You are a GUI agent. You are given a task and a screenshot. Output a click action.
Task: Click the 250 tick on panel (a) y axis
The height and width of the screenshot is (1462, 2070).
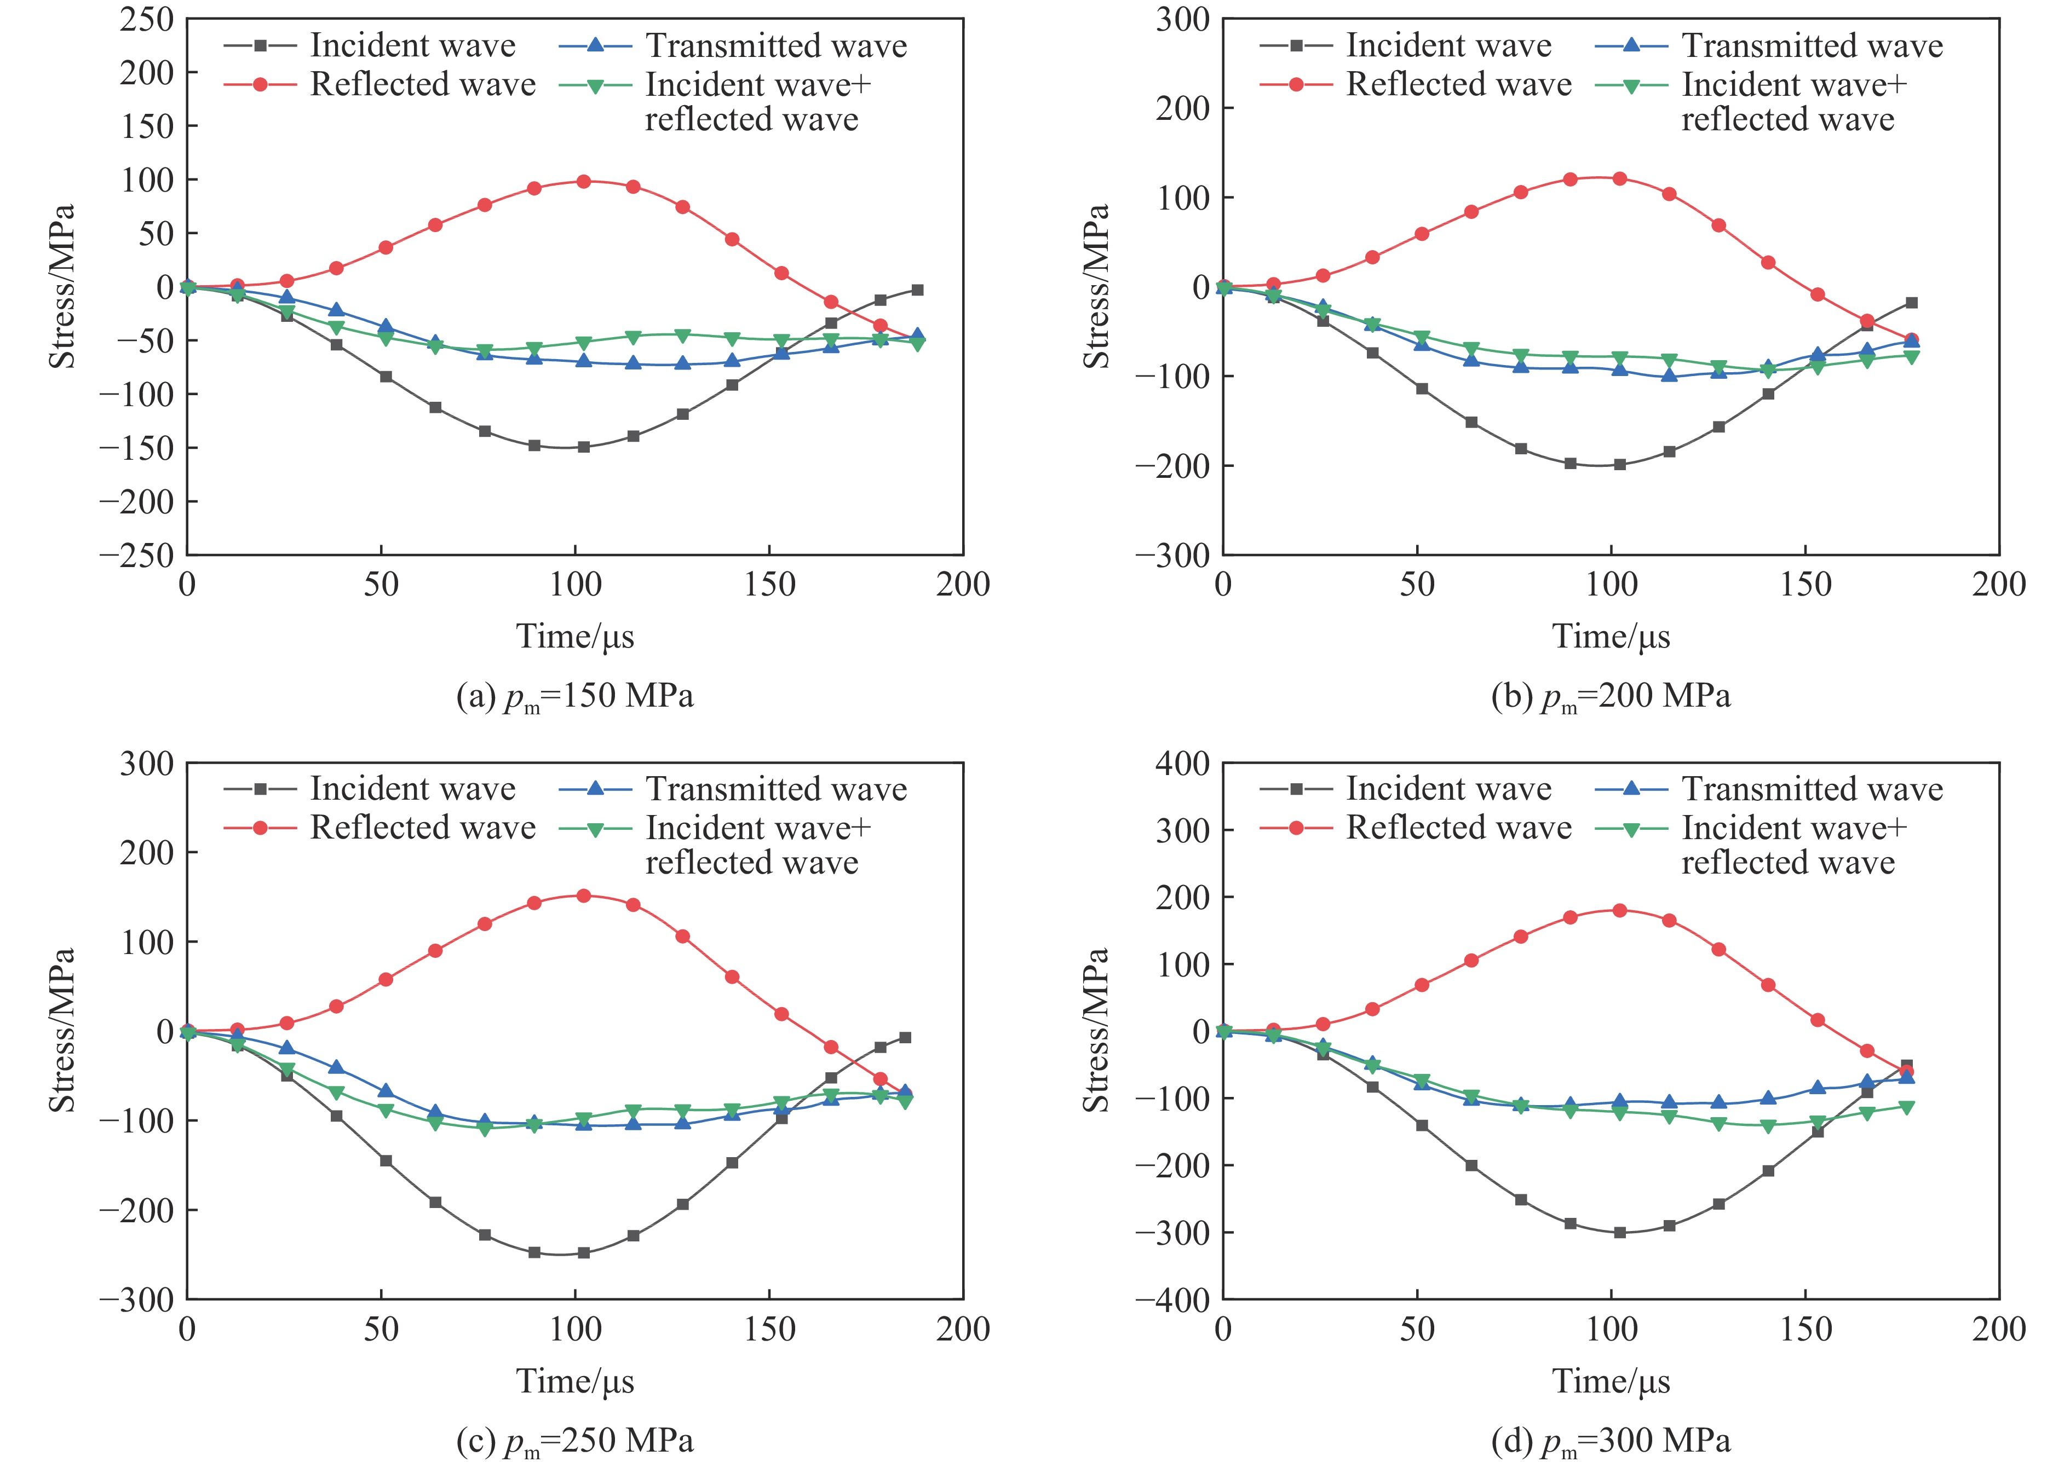[x=147, y=19]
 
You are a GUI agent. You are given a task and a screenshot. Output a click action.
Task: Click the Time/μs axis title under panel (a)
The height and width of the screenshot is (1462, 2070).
[x=575, y=637]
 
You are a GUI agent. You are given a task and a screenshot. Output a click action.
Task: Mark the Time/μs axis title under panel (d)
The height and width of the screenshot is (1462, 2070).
[x=1611, y=1381]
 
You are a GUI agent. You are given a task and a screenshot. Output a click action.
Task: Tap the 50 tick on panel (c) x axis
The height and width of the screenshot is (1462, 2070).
[x=381, y=1328]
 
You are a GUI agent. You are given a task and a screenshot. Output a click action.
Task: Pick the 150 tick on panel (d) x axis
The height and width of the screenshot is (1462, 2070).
[x=1805, y=1328]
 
